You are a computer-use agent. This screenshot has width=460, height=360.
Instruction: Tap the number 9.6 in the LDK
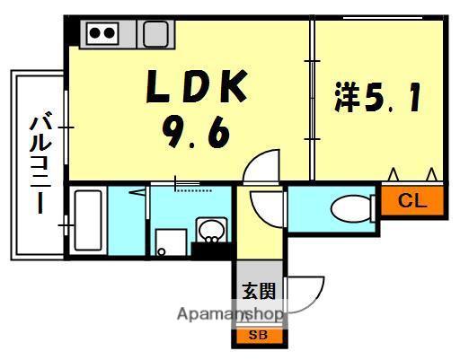pos(197,134)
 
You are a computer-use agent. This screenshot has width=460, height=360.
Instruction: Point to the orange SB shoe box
pos(258,335)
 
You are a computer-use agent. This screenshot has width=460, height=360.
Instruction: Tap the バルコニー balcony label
pos(39,162)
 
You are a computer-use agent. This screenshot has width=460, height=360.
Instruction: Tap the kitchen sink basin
pos(154,35)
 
